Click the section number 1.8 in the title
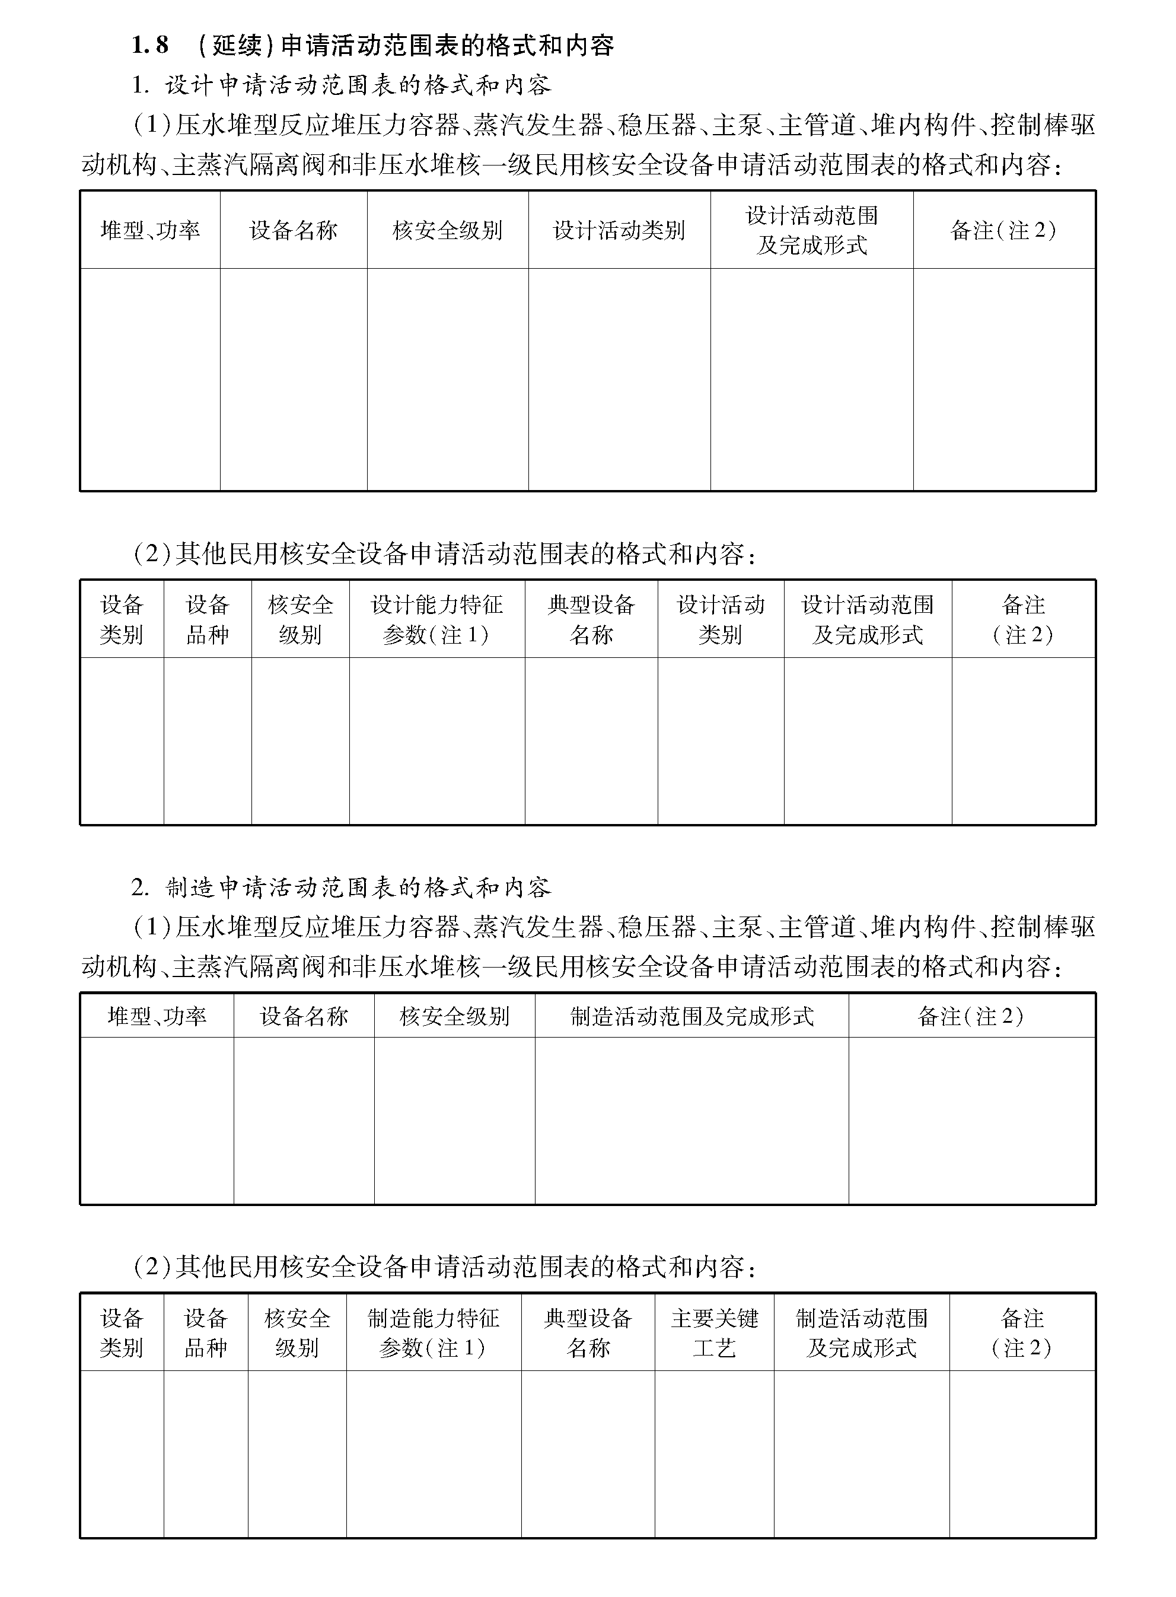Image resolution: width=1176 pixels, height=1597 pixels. [x=150, y=45]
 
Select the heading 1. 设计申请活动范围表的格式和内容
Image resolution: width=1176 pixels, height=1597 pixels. [x=341, y=85]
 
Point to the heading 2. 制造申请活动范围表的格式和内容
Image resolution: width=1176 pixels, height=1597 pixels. [x=341, y=887]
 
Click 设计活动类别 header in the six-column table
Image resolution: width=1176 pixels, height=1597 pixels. [x=619, y=230]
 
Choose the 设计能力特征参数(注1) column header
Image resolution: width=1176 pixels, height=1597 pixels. [x=436, y=619]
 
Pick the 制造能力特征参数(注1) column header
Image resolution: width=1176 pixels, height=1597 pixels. [x=433, y=1333]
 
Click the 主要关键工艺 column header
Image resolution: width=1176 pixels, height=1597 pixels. [x=714, y=1333]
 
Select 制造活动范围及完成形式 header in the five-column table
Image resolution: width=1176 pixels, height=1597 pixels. [x=691, y=1016]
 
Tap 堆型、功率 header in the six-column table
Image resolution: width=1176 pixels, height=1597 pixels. [x=149, y=230]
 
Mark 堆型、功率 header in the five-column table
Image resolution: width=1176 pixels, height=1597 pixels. [x=157, y=1016]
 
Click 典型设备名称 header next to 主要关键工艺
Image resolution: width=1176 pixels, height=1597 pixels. [x=588, y=1333]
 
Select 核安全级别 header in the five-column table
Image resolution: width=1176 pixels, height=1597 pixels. [x=454, y=1016]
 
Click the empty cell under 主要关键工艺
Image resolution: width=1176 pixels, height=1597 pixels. [x=714, y=1452]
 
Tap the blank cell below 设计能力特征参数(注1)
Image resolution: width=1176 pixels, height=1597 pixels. [x=436, y=740]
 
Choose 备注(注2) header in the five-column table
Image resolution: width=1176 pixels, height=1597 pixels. [x=971, y=1016]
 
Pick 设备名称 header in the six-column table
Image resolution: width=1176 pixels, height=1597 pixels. [x=294, y=230]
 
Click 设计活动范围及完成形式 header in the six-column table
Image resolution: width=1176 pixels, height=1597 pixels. [x=811, y=230]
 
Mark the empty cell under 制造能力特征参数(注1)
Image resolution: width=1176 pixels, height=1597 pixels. [x=433, y=1452]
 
